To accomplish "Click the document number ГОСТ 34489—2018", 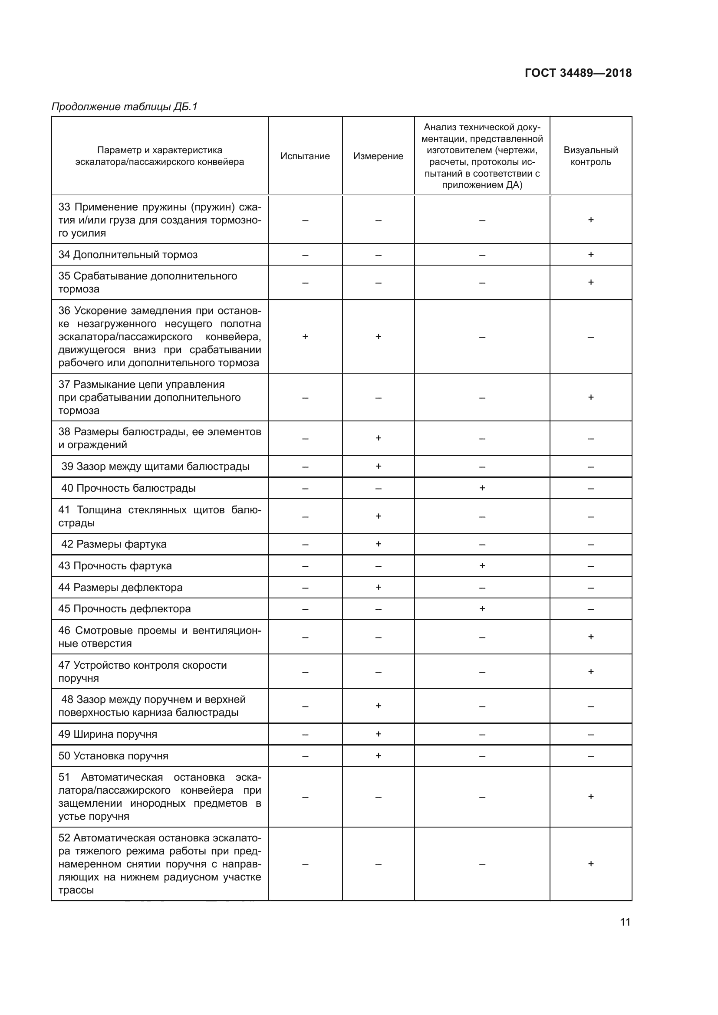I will click(x=578, y=73).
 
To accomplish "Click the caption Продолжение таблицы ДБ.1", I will click(x=125, y=107).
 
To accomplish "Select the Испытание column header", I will click(x=305, y=156).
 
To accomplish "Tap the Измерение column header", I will click(x=378, y=156).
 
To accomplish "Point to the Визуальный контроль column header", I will click(x=591, y=156).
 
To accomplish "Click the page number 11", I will click(x=625, y=922).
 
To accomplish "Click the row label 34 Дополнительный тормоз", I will click(x=128, y=255).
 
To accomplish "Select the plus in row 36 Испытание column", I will click(x=305, y=336).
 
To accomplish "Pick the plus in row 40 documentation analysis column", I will click(x=482, y=488).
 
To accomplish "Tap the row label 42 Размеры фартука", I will click(x=114, y=544).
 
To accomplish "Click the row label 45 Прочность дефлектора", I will click(x=125, y=609).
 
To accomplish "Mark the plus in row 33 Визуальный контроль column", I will click(x=591, y=220).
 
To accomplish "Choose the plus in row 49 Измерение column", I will click(x=378, y=734).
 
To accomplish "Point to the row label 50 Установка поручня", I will click(x=114, y=756).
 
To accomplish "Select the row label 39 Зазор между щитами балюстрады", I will click(x=155, y=466).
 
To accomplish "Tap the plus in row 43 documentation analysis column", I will click(x=482, y=566).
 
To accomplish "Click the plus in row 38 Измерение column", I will click(x=378, y=438).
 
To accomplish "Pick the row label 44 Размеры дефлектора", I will click(x=121, y=588).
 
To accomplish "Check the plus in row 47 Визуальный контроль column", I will click(x=591, y=671).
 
